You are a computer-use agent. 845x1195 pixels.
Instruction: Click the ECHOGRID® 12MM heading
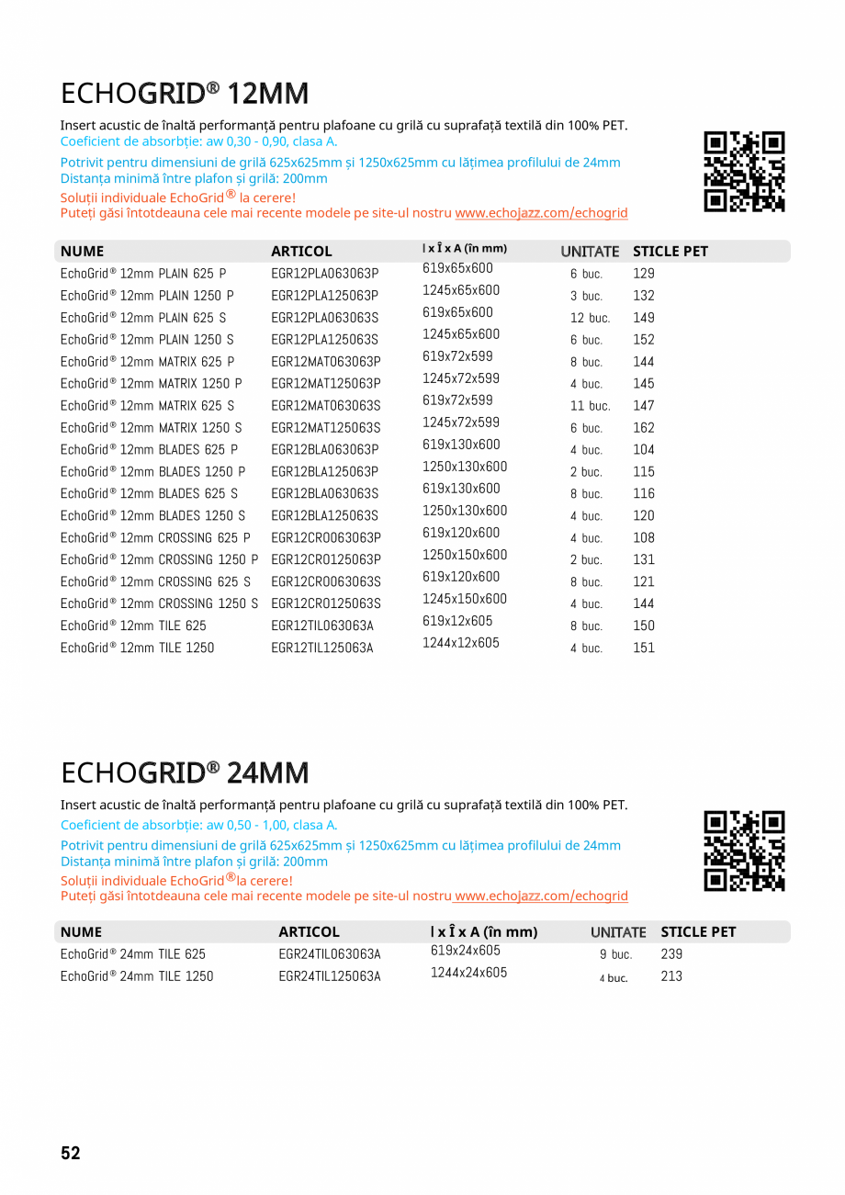tap(185, 94)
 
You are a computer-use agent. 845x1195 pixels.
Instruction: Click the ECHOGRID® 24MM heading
tap(185, 773)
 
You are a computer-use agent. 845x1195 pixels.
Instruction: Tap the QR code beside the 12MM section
tap(744, 172)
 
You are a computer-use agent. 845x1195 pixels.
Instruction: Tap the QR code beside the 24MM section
tap(744, 851)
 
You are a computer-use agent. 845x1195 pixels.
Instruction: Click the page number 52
tap(71, 1154)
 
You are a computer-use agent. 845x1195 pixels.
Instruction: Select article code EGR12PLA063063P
tap(325, 274)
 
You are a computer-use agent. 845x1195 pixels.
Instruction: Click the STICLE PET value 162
tap(644, 428)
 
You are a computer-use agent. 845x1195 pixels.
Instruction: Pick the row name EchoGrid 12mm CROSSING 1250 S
tap(159, 604)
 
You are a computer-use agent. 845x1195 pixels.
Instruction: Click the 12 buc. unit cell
tap(590, 318)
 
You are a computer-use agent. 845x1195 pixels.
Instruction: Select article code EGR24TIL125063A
tap(330, 976)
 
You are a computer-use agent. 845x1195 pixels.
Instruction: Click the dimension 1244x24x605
tap(468, 973)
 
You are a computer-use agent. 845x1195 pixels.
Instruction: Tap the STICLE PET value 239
tap(671, 954)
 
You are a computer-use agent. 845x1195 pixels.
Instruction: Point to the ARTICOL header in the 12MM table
tap(301, 252)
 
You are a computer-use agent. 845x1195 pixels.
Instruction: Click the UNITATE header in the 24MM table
tap(618, 932)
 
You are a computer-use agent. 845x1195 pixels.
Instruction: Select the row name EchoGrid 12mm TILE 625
tap(133, 626)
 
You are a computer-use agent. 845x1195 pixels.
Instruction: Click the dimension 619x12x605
tap(457, 621)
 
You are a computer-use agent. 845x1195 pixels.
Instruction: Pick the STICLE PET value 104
tap(644, 450)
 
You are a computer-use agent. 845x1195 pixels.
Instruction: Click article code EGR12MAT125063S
tap(326, 428)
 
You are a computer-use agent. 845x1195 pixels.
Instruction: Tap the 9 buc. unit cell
tap(615, 955)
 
